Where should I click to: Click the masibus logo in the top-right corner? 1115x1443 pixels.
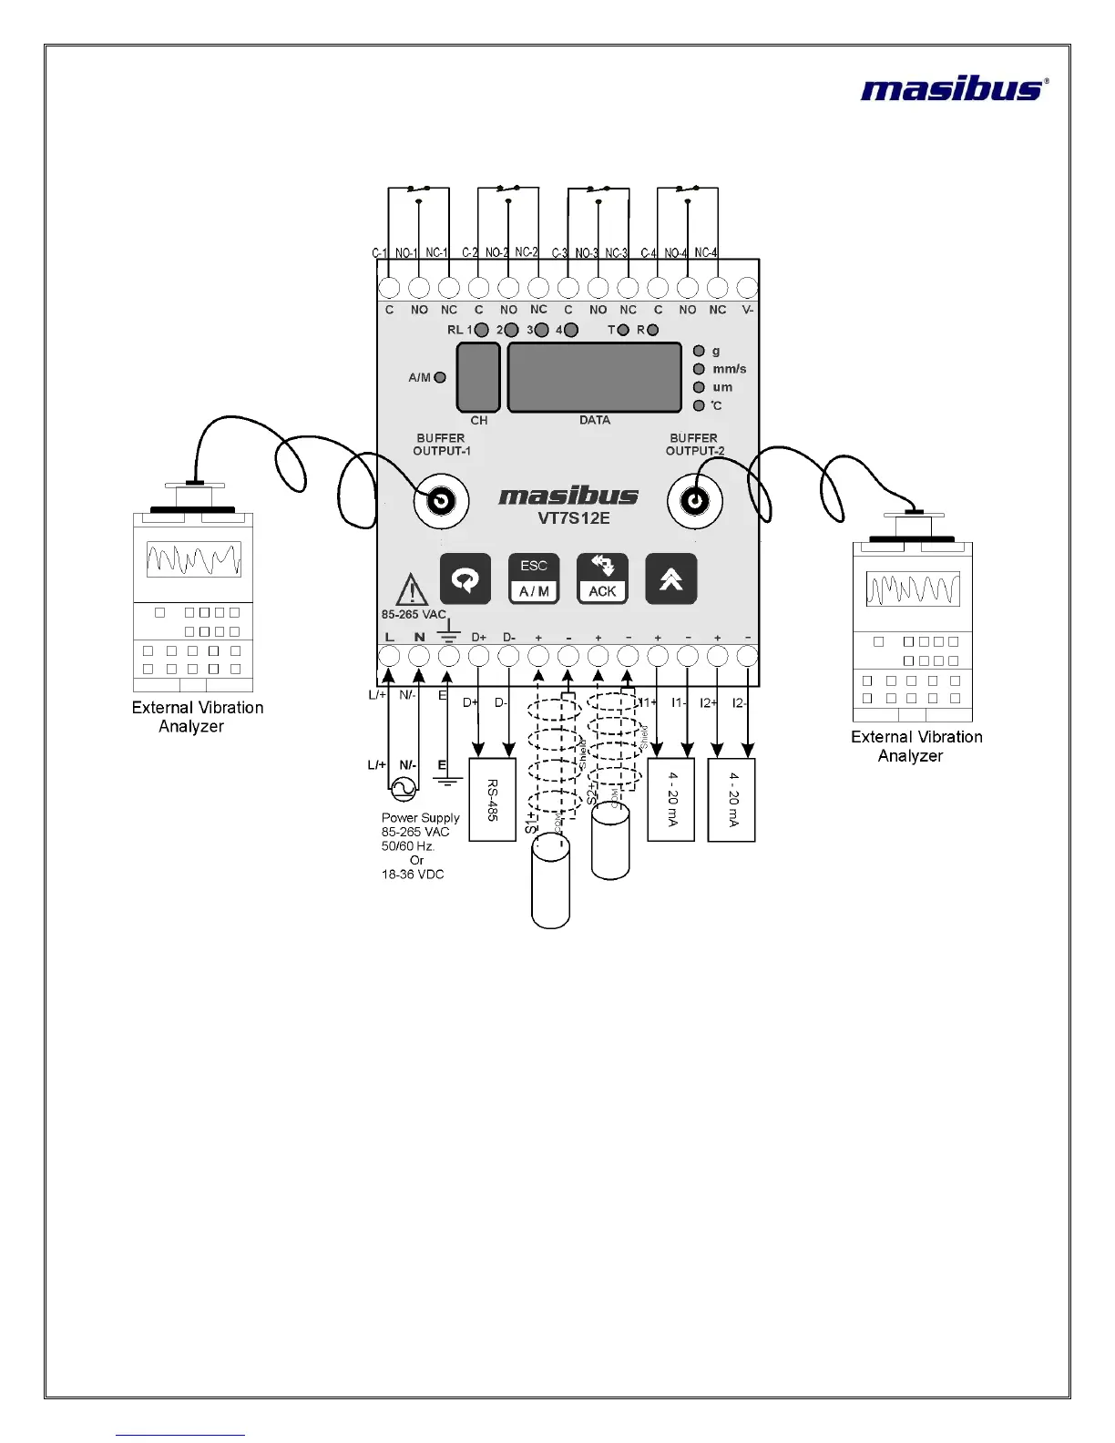(x=953, y=88)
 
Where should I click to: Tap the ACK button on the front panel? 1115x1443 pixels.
(x=602, y=578)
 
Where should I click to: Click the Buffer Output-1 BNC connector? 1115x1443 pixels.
(x=441, y=501)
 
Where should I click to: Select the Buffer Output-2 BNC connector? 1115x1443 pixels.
(x=694, y=501)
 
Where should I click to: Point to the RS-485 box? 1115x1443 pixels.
(x=492, y=799)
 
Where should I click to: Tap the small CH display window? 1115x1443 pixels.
(x=478, y=377)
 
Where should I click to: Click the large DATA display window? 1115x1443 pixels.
(x=594, y=377)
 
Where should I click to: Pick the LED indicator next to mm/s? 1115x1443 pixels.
(x=699, y=369)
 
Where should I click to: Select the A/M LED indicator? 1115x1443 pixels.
(x=440, y=377)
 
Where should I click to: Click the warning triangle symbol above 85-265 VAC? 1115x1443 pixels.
(x=413, y=590)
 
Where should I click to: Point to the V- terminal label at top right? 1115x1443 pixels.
(x=747, y=310)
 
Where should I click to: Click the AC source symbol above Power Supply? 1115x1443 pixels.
(x=403, y=786)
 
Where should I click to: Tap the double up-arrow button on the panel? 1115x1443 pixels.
(x=671, y=578)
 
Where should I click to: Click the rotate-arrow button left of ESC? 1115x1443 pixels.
(x=465, y=578)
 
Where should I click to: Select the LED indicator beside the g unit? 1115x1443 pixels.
(x=699, y=351)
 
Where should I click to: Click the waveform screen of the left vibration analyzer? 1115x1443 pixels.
(x=193, y=558)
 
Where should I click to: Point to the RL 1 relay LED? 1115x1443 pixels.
(x=481, y=330)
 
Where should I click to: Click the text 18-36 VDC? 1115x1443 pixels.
(x=413, y=875)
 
